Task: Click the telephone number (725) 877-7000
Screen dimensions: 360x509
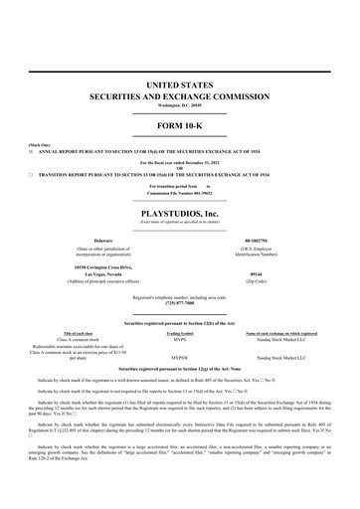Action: click(180, 302)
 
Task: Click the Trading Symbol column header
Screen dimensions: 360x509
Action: click(180, 333)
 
